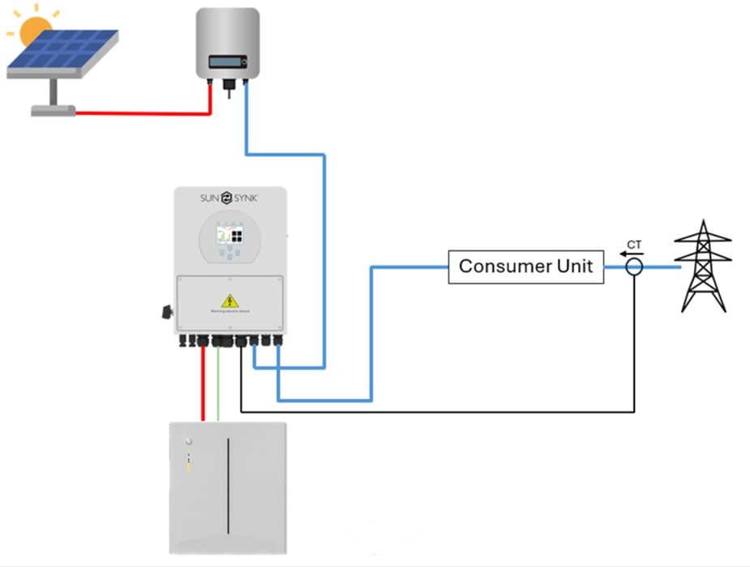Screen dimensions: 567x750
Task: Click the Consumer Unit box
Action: [526, 266]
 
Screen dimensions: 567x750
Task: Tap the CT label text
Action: [634, 244]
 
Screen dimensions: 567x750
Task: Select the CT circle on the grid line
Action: [634, 266]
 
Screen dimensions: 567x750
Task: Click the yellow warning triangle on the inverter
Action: [230, 301]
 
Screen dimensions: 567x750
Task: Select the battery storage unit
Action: [227, 487]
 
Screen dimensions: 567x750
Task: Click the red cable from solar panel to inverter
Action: [146, 113]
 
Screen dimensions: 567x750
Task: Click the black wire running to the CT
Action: [438, 411]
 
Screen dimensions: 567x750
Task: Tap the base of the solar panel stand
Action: [54, 110]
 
